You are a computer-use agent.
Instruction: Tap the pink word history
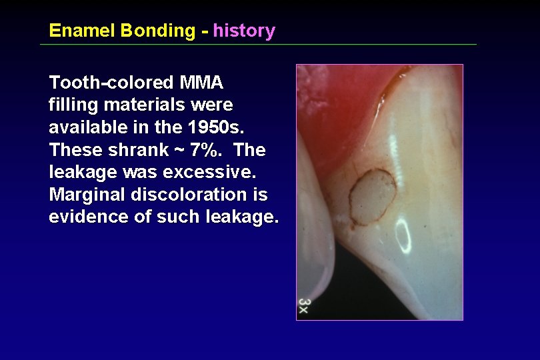(244, 31)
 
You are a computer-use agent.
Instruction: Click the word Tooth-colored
(111, 83)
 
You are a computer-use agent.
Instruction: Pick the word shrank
(137, 150)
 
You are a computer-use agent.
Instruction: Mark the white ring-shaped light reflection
(403, 235)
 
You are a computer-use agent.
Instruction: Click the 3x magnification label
(304, 307)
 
